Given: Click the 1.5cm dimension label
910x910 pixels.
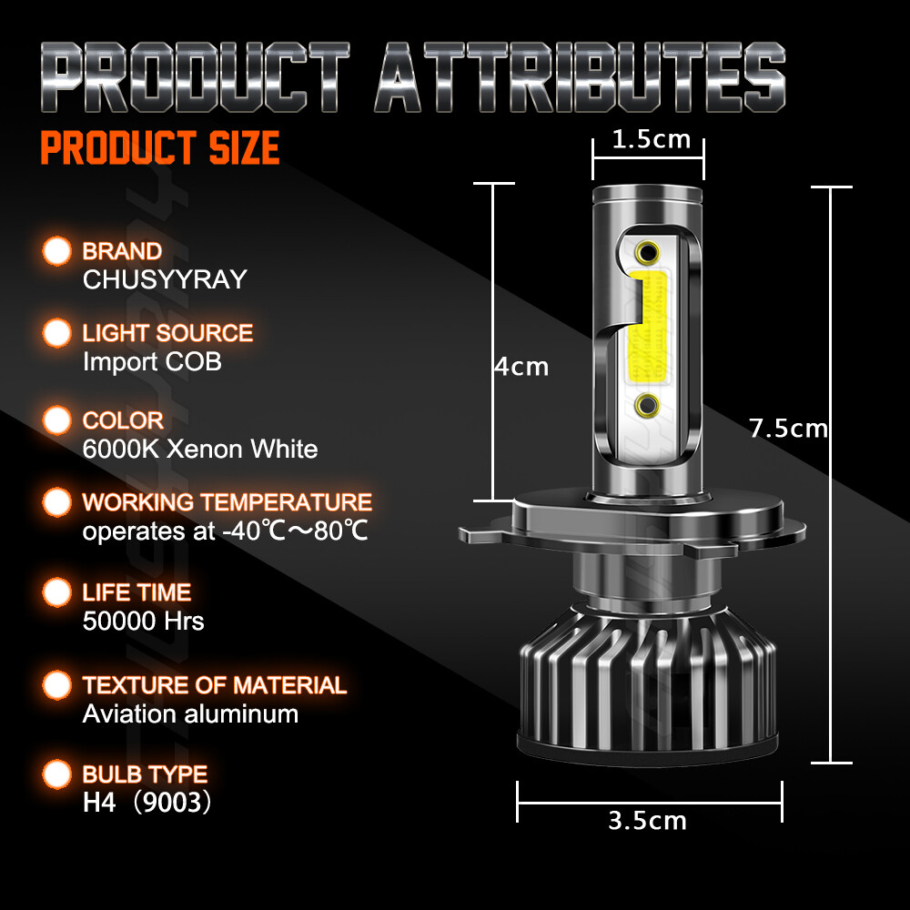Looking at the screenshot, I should (651, 140).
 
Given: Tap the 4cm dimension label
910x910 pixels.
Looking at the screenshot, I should (521, 367).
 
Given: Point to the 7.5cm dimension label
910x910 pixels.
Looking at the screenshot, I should (788, 428).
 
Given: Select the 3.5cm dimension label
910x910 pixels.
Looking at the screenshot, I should (648, 820).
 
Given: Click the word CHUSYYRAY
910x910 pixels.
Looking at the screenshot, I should (165, 279).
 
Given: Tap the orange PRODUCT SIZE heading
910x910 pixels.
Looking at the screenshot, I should (159, 148).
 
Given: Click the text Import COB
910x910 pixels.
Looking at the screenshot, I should (152, 361).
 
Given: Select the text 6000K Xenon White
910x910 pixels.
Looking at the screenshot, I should (200, 449).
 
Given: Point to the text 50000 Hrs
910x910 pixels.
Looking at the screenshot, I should (143, 622).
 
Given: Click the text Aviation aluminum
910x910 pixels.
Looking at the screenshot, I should (190, 713).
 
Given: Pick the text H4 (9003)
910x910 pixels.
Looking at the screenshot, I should (147, 804).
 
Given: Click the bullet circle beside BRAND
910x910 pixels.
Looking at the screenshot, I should (57, 251).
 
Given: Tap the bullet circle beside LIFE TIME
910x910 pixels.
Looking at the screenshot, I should (57, 592).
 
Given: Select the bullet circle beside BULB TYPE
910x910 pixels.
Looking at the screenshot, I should (57, 774).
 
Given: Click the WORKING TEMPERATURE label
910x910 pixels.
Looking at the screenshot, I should (227, 502).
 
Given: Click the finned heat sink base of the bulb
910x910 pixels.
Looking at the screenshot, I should (649, 682).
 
